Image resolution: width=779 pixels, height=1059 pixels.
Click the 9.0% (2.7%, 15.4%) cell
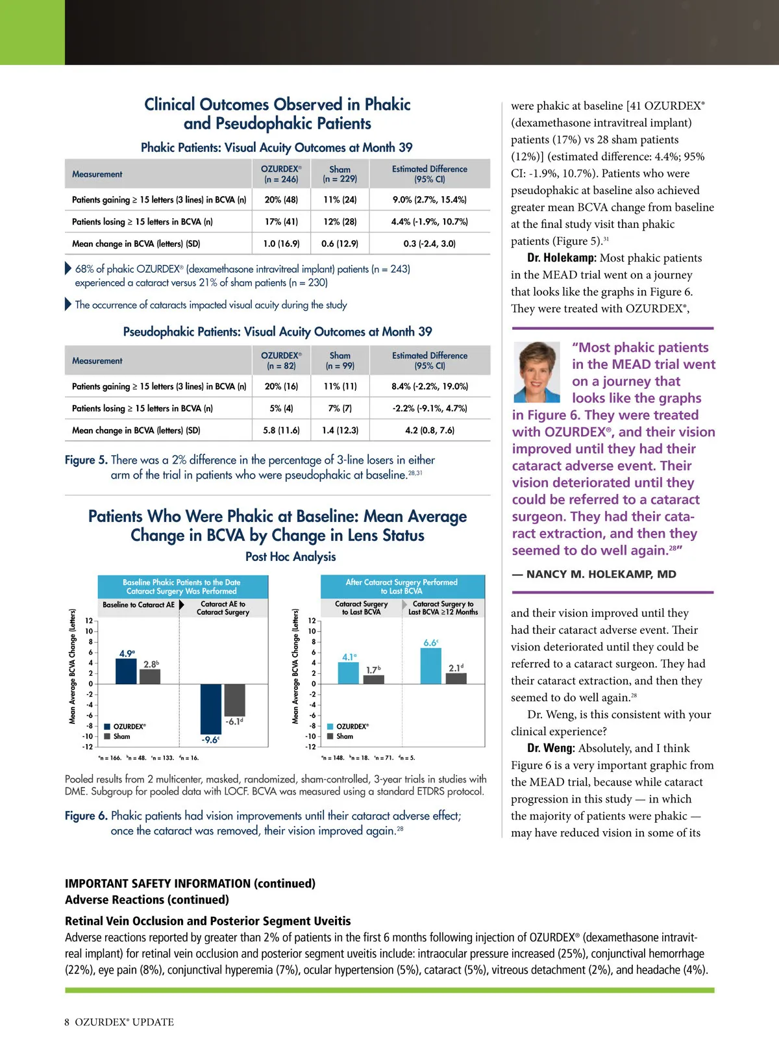click(x=429, y=200)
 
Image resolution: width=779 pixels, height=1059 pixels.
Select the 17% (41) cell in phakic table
click(x=281, y=221)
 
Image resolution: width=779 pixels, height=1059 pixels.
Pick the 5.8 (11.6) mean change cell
click(x=281, y=430)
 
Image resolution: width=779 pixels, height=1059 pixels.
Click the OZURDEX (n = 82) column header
click(x=281, y=360)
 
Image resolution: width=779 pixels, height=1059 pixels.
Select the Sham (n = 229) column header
click(x=340, y=174)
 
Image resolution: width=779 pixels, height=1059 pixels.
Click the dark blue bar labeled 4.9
click(x=126, y=671)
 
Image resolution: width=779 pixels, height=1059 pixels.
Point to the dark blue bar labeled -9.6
click(x=211, y=708)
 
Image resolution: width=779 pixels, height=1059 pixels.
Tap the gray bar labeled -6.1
click(x=234, y=699)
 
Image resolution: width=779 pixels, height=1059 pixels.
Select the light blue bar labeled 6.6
click(x=430, y=666)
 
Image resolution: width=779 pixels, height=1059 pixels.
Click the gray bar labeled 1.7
click(x=373, y=679)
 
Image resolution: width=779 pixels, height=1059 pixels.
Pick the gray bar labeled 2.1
click(x=456, y=678)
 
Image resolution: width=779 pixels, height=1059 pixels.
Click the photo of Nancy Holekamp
click(x=537, y=372)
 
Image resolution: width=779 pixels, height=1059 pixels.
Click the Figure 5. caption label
click(x=86, y=460)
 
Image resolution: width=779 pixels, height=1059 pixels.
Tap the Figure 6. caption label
click(x=86, y=816)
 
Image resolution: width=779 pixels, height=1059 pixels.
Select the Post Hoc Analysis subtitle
click(x=290, y=556)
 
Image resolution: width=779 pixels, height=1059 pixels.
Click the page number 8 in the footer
click(x=67, y=1021)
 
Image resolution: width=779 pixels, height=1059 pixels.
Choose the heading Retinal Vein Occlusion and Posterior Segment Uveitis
click(x=208, y=921)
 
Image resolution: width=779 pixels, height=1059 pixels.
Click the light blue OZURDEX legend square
click(x=330, y=727)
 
